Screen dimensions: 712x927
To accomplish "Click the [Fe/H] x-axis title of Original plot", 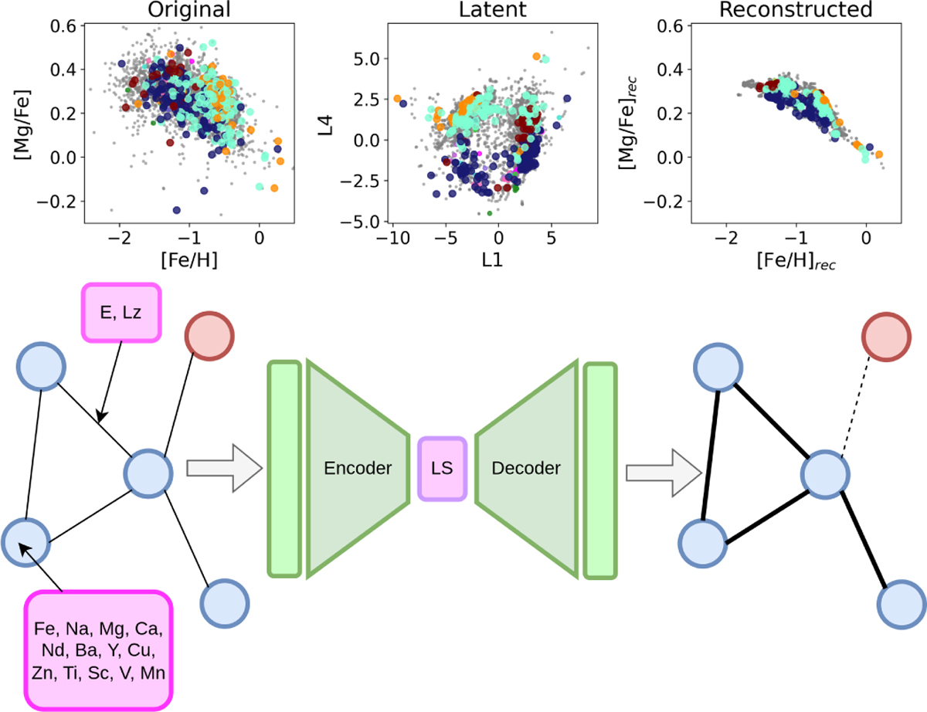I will [x=188, y=260].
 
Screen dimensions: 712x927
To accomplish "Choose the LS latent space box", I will [x=442, y=469].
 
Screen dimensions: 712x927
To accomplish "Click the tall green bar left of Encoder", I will [x=284, y=468].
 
